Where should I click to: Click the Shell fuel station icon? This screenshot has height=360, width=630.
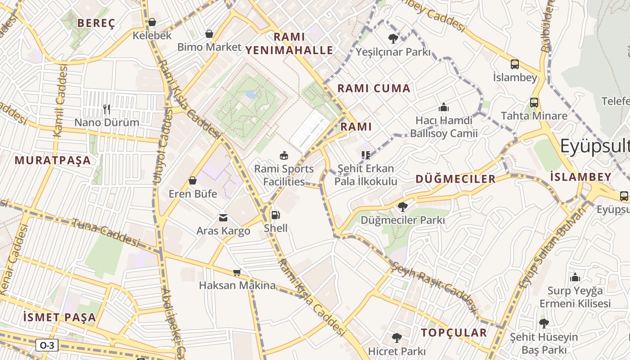point(275,215)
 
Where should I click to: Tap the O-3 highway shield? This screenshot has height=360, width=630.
point(47,345)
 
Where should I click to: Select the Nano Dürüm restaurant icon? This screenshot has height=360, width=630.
point(107,109)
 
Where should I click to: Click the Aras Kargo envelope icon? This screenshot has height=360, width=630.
point(223,218)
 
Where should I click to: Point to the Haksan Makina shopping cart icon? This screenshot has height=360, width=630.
point(237,272)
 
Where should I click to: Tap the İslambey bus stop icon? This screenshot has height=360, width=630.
point(515,64)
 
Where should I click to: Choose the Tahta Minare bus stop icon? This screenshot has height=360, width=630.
point(534,103)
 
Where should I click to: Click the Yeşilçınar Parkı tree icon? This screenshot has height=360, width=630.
point(393,39)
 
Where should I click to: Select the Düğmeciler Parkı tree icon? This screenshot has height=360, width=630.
point(402,207)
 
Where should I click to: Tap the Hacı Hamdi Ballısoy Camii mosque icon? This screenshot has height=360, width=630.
point(444,107)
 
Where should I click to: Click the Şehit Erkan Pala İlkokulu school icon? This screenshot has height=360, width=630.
point(365,155)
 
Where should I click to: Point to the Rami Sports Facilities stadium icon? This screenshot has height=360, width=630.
point(284,156)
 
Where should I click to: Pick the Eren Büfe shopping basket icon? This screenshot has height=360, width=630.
point(193,180)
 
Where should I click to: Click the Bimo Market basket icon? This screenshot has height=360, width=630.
point(209,34)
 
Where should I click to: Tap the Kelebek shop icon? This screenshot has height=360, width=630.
point(152,22)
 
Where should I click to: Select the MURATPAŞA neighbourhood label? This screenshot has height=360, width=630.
point(53,160)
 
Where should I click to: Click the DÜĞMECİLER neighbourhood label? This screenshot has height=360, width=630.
point(455,179)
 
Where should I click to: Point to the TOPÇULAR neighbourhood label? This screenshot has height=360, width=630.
point(454,333)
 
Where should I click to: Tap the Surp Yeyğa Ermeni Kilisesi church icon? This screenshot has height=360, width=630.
point(575,277)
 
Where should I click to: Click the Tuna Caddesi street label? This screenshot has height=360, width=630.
point(106,233)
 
